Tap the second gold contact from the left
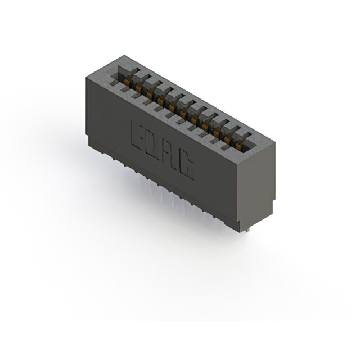pyautogui.click(x=138, y=86)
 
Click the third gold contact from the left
pyautogui.click(x=150, y=92)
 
